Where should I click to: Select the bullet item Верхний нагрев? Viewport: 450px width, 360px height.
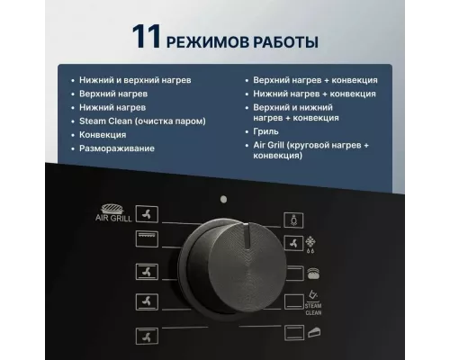112,93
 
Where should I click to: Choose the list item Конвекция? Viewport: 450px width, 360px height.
103,133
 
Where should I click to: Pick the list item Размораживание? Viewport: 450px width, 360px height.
117,147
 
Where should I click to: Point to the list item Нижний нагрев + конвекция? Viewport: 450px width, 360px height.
315,93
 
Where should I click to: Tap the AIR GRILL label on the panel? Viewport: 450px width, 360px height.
114,217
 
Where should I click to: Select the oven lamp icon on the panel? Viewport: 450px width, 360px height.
291,217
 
